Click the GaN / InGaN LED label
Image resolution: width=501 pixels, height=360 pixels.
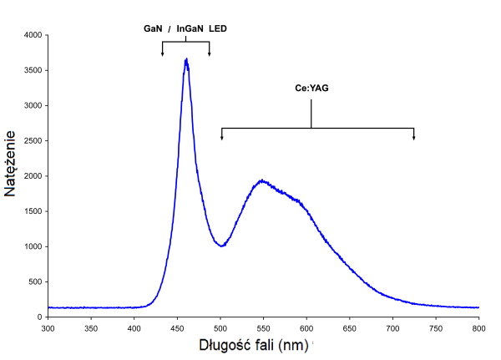[185, 28]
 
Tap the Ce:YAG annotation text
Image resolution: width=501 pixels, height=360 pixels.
[311, 87]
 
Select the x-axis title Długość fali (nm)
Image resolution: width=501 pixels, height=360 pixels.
[252, 344]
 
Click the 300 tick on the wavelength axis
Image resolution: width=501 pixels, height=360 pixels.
[48, 328]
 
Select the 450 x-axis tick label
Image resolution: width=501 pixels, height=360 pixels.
[178, 328]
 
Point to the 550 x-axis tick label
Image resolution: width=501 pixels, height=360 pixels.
[264, 328]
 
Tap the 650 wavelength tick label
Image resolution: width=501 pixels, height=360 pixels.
[350, 328]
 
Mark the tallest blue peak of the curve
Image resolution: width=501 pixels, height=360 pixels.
[186, 59]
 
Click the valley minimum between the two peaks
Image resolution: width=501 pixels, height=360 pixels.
[221, 246]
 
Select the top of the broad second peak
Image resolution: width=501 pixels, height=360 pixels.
[262, 180]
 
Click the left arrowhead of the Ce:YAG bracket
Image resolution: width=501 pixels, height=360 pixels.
[221, 137]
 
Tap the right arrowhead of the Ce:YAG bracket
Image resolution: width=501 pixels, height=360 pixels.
[414, 137]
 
